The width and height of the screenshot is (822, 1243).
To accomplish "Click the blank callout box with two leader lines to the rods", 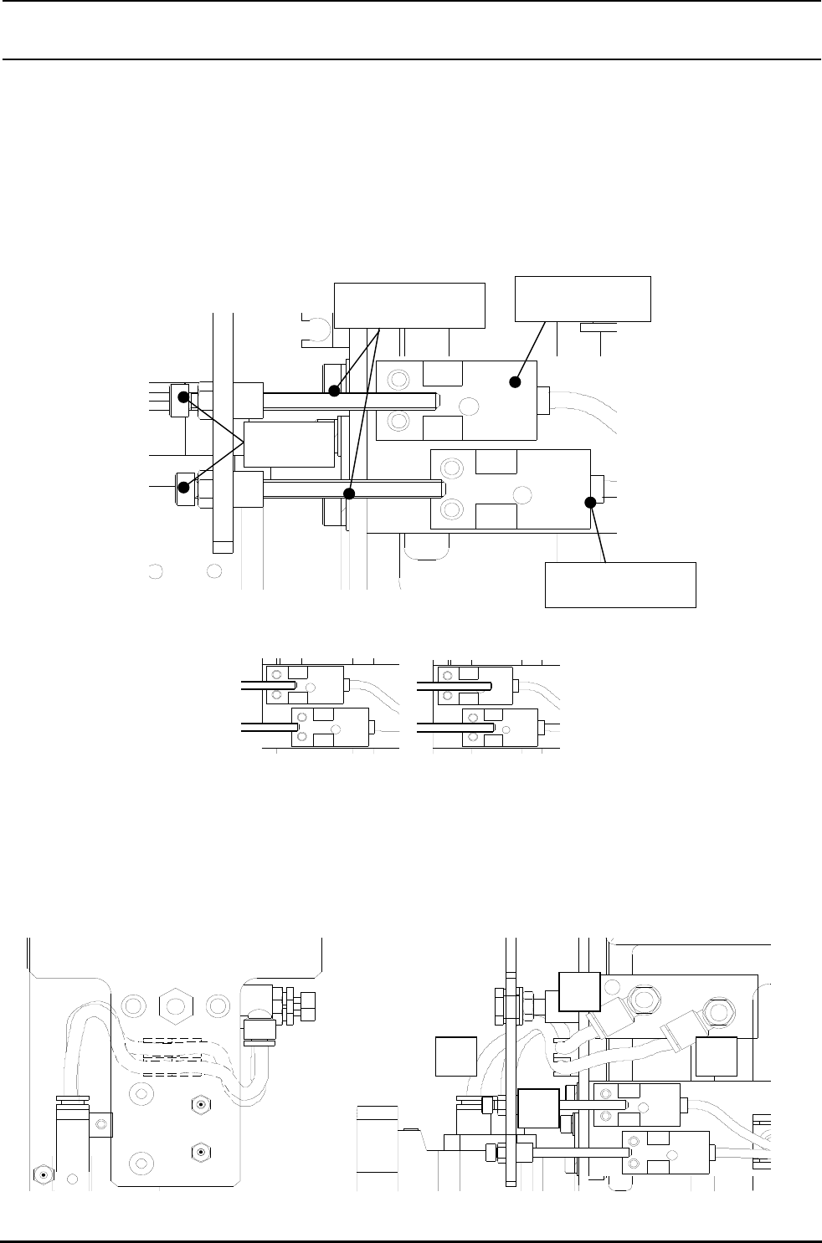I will tap(409, 304).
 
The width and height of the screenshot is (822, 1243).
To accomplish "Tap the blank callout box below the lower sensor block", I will tap(620, 585).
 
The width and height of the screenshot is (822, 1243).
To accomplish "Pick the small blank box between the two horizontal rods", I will tap(288, 444).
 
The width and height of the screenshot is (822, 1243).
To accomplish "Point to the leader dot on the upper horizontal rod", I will tap(334, 391).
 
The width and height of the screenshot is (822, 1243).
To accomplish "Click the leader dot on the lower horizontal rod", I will tap(350, 494).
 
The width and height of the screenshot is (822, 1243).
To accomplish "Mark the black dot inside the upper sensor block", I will tap(515, 381).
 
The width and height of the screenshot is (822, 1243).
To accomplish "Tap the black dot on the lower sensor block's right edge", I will tap(590, 502).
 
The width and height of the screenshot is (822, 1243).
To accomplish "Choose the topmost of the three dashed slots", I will tap(172, 1042).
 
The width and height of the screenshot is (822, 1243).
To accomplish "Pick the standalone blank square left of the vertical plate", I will tap(457, 1056).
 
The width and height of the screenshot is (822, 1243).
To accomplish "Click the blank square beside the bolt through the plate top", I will tap(578, 992).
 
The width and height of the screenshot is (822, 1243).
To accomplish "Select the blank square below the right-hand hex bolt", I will tap(716, 1056).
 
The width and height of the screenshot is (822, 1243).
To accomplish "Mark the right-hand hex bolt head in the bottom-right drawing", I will tap(718, 1015).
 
